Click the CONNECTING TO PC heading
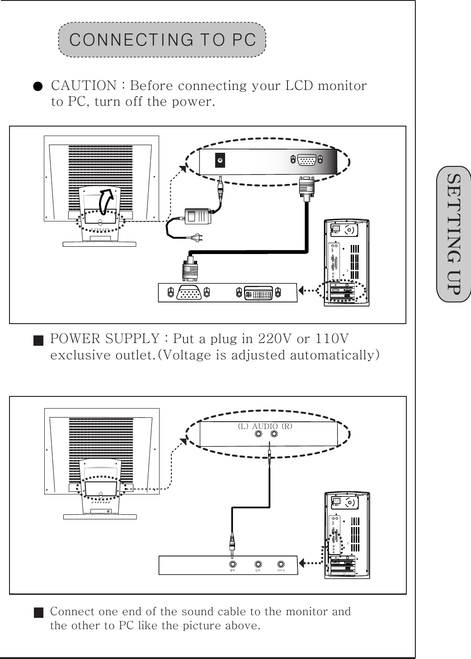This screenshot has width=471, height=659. [x=162, y=40]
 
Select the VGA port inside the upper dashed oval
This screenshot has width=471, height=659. [x=306, y=160]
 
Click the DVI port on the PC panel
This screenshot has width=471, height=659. [x=259, y=293]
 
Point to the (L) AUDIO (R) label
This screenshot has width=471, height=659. [x=265, y=426]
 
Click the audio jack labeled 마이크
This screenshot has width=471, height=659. [x=282, y=564]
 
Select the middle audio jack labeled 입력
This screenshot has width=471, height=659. [x=258, y=564]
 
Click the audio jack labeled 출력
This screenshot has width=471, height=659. [x=233, y=564]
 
